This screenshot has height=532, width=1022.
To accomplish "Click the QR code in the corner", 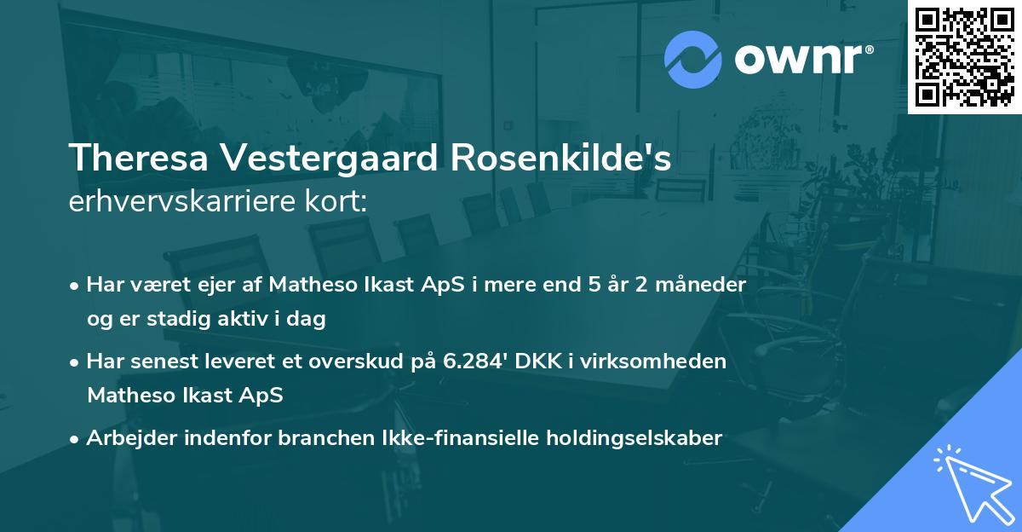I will (964, 57).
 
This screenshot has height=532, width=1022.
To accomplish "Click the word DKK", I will (532, 361).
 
